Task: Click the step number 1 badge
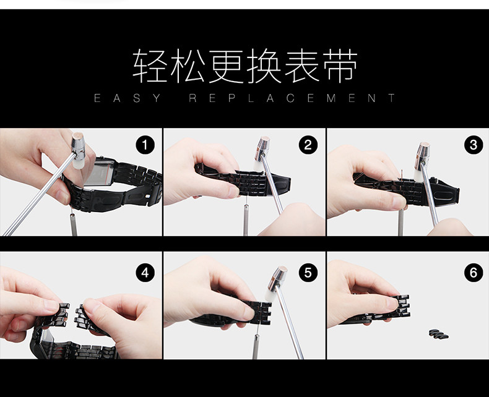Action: tap(145, 145)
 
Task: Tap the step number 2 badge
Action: tap(308, 145)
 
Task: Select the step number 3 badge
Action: tap(474, 145)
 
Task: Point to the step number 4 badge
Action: tap(145, 273)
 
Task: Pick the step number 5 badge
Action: tap(308, 273)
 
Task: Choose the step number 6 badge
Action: tap(474, 273)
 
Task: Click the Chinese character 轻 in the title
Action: tap(149, 66)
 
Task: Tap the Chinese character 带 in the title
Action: tap(340, 66)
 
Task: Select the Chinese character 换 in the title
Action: tap(264, 66)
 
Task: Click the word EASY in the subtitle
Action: tap(128, 98)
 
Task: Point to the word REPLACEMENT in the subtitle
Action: tap(292, 98)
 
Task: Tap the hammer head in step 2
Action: tap(262, 153)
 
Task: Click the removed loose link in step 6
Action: tap(439, 334)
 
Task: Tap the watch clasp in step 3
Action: tap(445, 192)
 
